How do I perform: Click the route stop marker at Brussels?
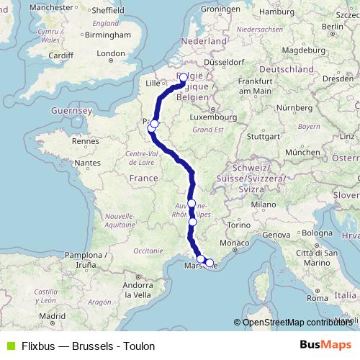[x=183, y=77]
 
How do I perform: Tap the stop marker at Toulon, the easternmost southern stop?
[x=210, y=263]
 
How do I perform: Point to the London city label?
[x=111, y=53]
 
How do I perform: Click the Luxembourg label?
[x=210, y=115]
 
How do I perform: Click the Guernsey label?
[x=70, y=112]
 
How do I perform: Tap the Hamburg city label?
[x=276, y=12]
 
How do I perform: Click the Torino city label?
[x=238, y=226]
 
